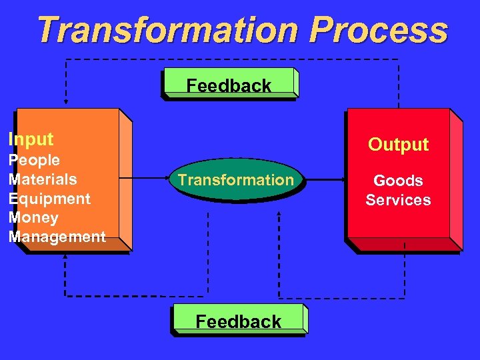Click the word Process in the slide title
tap(379, 30)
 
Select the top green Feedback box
tap(229, 84)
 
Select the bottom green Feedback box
tap(239, 321)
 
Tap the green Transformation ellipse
tap(235, 179)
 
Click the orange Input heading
tap(31, 139)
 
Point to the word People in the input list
tap(34, 160)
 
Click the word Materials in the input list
tap(43, 179)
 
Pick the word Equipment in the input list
tap(49, 199)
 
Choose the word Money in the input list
tap(33, 217)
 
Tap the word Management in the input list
tap(57, 237)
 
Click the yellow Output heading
tap(399, 145)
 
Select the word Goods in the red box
tap(398, 181)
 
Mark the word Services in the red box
tap(398, 200)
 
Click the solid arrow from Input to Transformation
tap(147, 179)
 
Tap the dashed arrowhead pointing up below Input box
tap(65, 261)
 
